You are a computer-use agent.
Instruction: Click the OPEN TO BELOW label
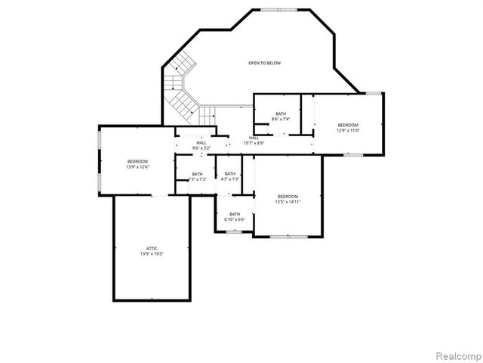coord(264,63)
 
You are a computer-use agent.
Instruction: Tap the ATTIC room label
coord(151,248)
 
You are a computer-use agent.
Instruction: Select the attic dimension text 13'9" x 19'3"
coord(151,255)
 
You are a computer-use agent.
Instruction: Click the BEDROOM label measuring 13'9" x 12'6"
coord(137,161)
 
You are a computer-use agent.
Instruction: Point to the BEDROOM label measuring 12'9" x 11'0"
coord(347,125)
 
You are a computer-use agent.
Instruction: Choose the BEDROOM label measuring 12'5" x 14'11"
coord(288,196)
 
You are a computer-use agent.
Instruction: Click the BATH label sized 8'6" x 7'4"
coord(281,113)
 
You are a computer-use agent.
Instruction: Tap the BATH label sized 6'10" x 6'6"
coord(235,214)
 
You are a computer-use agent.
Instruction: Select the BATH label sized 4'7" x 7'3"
coord(229,174)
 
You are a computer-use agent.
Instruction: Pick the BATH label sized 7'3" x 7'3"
coord(197,174)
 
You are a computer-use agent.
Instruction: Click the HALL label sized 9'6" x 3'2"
coord(202,142)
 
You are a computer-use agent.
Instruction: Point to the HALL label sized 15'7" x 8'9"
coord(254,138)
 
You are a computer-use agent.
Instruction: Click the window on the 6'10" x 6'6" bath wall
coord(234,231)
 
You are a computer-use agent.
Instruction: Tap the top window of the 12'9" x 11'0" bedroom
coord(372,93)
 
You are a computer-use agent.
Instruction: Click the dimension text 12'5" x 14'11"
coord(288,202)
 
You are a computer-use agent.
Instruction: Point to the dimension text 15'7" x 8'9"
coord(254,143)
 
